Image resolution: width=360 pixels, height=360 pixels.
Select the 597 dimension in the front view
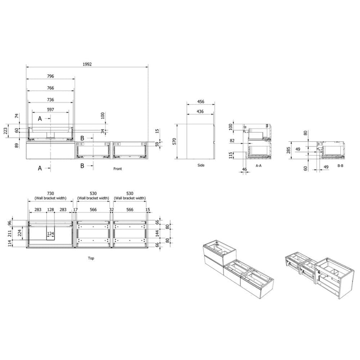tap(51, 110)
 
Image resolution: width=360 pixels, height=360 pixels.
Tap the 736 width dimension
tap(51, 100)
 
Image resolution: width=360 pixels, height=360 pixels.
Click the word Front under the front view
tap(118, 169)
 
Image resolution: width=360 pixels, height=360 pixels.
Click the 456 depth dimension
tap(201, 101)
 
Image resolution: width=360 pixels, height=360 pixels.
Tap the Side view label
tap(201, 165)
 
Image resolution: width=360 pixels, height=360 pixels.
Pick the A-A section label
tap(258, 166)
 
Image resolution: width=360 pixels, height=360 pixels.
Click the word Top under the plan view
tap(91, 258)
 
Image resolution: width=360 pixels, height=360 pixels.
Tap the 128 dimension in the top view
tap(51, 209)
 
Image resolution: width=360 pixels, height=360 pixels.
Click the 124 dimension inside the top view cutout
tap(51, 233)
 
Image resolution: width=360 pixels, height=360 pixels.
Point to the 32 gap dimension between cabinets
tap(111, 209)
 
